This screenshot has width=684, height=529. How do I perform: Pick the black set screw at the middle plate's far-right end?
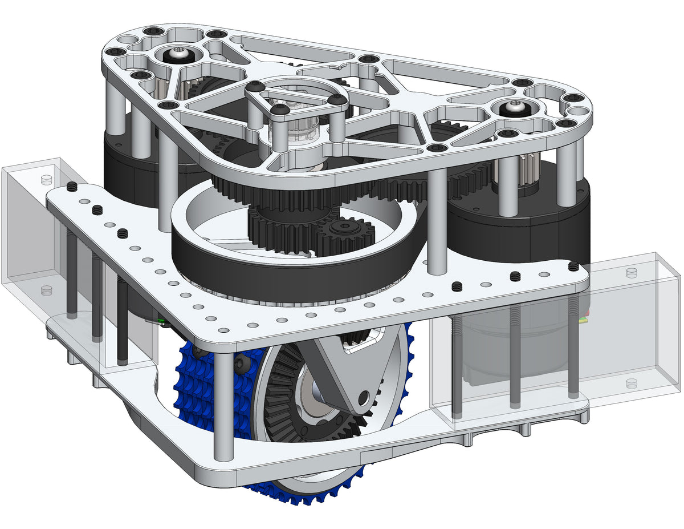[573, 266]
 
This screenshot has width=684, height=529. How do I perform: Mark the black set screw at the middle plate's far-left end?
[72, 187]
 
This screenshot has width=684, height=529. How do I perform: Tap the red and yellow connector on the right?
[583, 317]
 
